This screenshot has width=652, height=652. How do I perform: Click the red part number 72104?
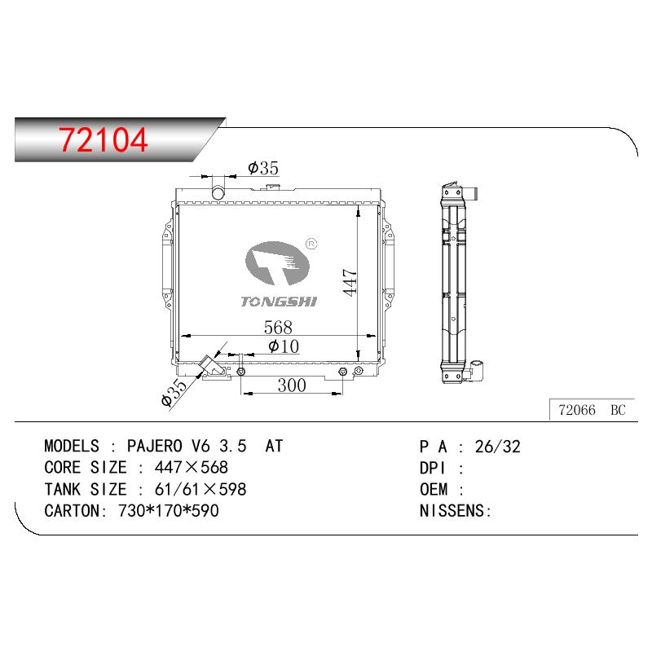[104, 139]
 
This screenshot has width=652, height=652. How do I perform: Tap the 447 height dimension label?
[350, 282]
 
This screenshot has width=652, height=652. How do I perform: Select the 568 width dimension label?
[278, 328]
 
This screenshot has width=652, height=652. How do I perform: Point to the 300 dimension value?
[292, 385]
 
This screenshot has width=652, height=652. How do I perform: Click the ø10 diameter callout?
[284, 346]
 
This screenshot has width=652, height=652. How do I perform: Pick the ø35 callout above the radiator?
[263, 168]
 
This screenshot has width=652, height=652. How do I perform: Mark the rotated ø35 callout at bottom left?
[174, 393]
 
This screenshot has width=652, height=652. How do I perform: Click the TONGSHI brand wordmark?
[279, 302]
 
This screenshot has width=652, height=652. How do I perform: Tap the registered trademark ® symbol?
[311, 244]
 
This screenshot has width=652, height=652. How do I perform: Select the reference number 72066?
[577, 410]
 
